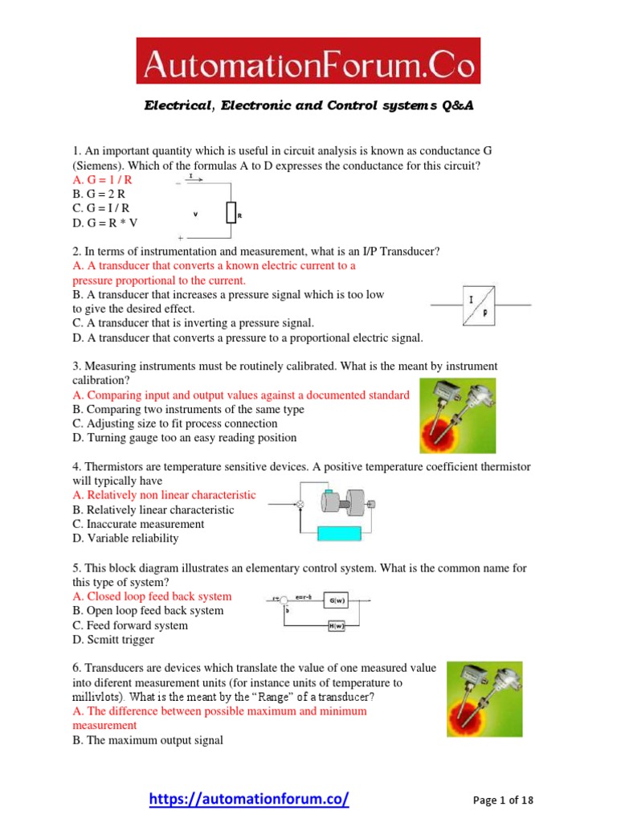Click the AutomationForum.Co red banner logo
coord(308,60)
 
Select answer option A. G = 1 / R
coord(102,180)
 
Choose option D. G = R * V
coord(105,223)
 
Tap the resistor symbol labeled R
coord(231,213)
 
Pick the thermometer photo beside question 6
coord(484,699)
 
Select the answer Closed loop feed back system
coord(152,596)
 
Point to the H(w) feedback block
coord(337,627)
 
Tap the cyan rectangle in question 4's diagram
coord(345,533)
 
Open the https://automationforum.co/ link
coord(250,799)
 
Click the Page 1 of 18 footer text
coord(503,800)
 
